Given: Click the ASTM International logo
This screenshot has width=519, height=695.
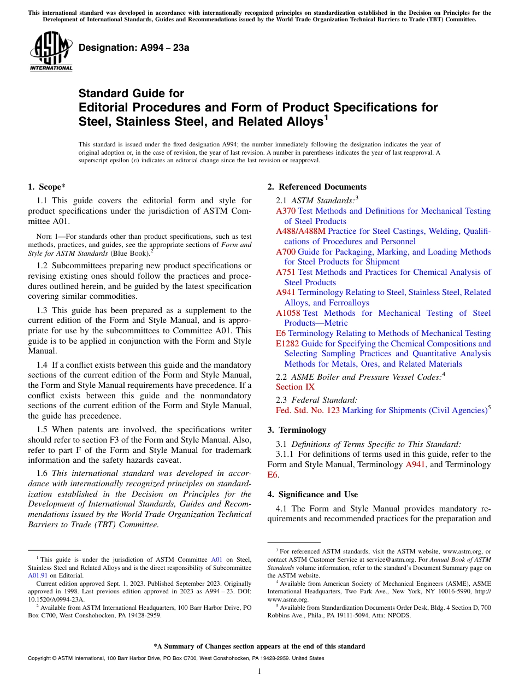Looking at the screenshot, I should pos(51,52).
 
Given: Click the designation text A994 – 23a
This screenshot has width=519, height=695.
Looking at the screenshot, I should pos(134,48).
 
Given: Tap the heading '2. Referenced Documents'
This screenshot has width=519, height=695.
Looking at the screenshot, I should pos(317,187).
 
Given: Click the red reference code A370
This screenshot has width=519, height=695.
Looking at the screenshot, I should pos(286,211).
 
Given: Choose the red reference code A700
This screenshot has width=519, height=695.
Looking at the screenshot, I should pos(286,252).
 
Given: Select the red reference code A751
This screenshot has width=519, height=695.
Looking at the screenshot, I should pos(286,272).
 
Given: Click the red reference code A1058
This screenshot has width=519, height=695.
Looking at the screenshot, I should pos(288,313).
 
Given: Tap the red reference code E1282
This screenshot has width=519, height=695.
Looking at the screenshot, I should pos(287,344).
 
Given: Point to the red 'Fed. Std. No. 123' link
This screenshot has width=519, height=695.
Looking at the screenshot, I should pos(308,410).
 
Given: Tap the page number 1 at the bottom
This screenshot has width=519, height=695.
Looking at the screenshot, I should pos(259,671).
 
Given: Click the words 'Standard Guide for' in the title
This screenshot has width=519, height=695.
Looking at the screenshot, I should pos(131,93).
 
